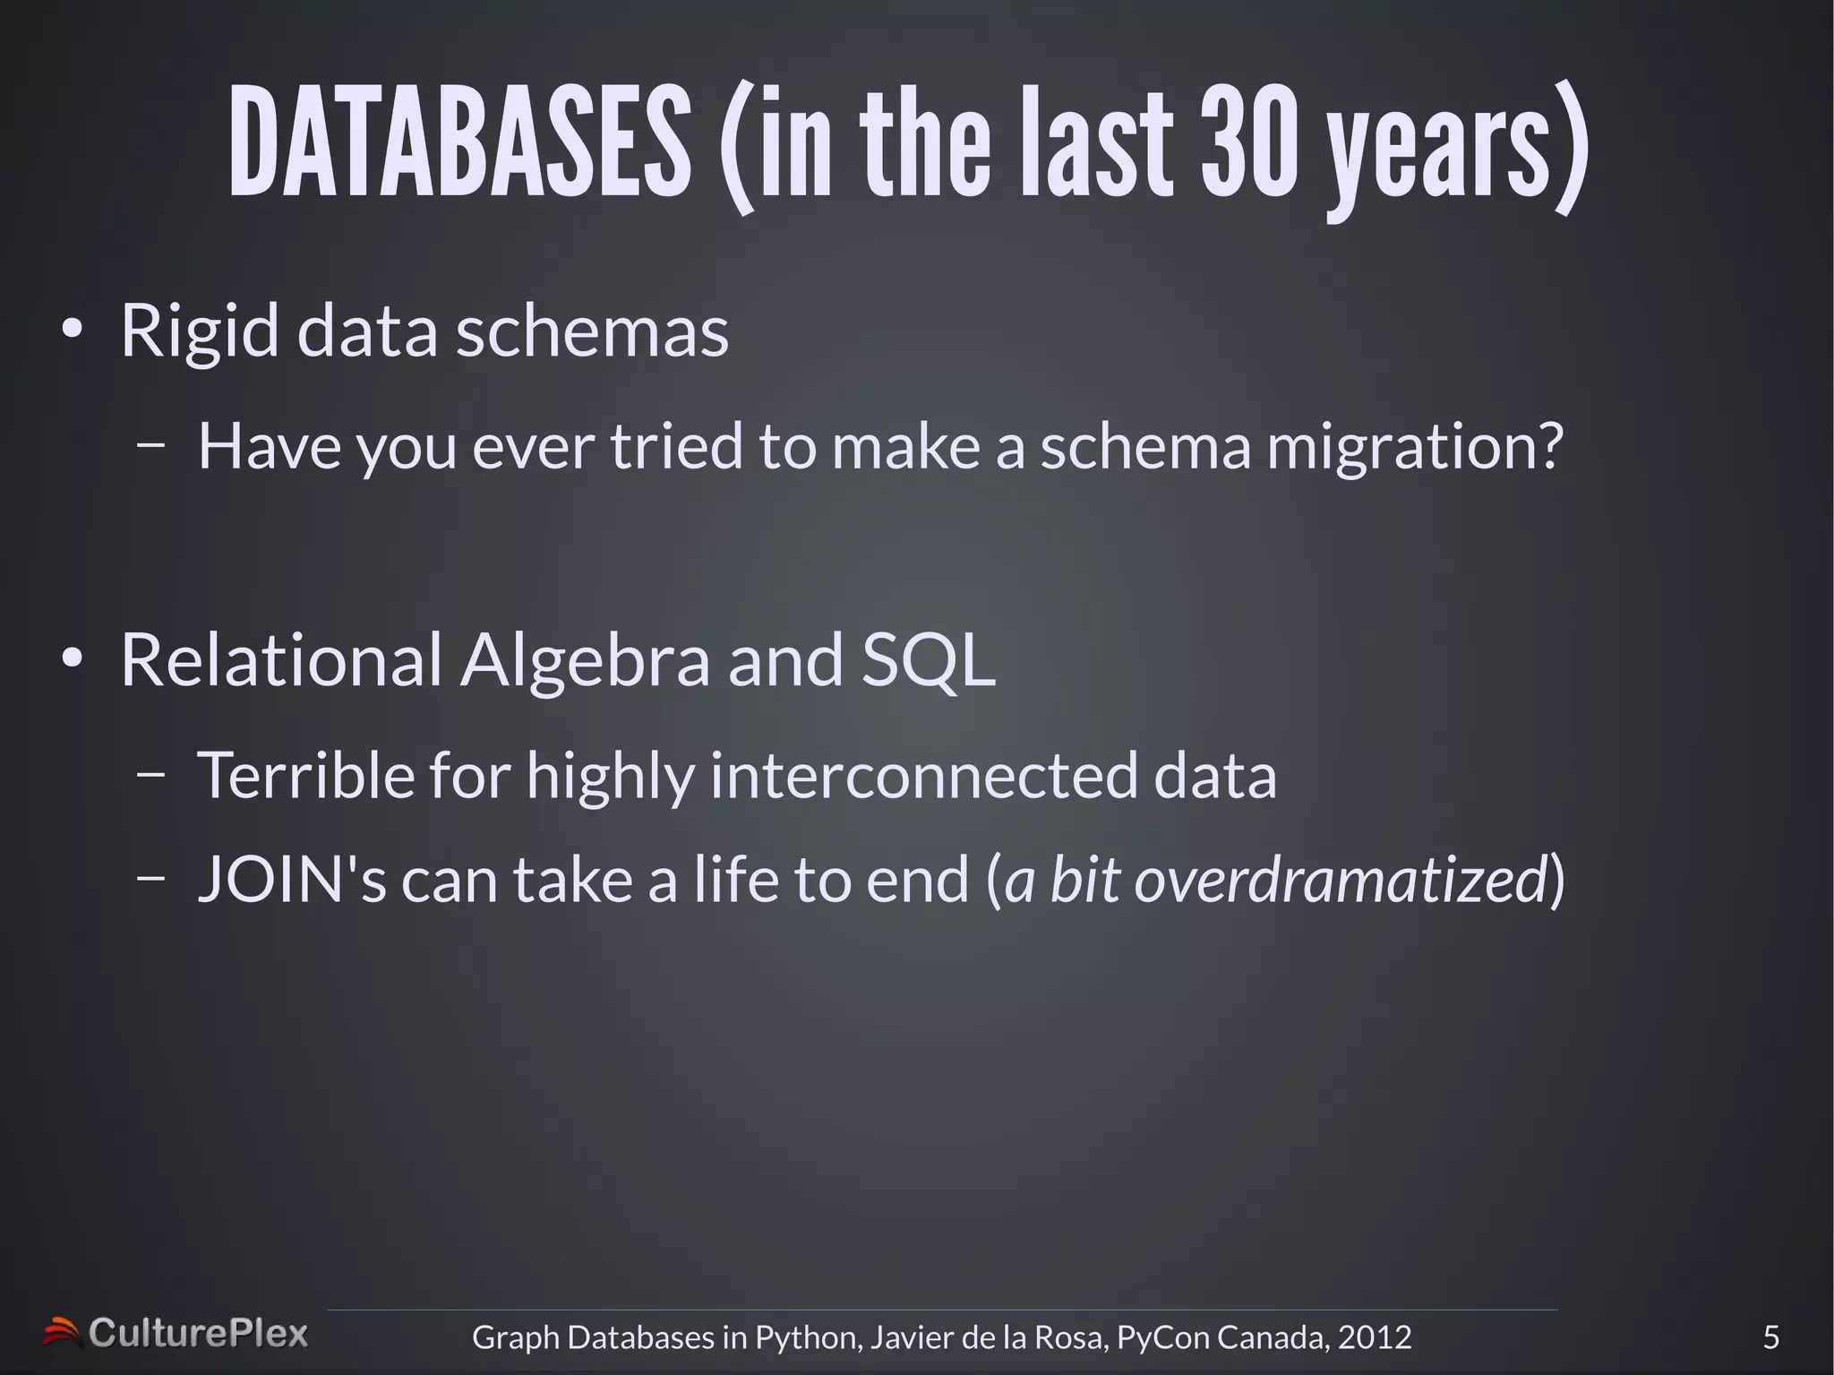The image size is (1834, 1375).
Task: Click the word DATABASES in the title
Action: coord(459,143)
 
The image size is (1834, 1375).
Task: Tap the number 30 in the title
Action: coord(1248,143)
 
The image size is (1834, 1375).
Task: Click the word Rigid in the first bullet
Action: coord(199,331)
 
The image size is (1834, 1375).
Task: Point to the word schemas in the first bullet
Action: coord(592,331)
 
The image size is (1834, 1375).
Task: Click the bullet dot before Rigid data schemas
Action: coord(72,331)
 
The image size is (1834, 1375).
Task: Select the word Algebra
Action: coord(585,660)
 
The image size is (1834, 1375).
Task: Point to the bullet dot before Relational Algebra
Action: coord(72,659)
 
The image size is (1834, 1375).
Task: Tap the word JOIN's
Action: coord(291,879)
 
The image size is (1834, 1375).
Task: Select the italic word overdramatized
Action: coord(1341,879)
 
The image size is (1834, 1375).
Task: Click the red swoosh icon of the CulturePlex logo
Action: coord(61,1332)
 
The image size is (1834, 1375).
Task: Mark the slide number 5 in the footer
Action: coord(1770,1336)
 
